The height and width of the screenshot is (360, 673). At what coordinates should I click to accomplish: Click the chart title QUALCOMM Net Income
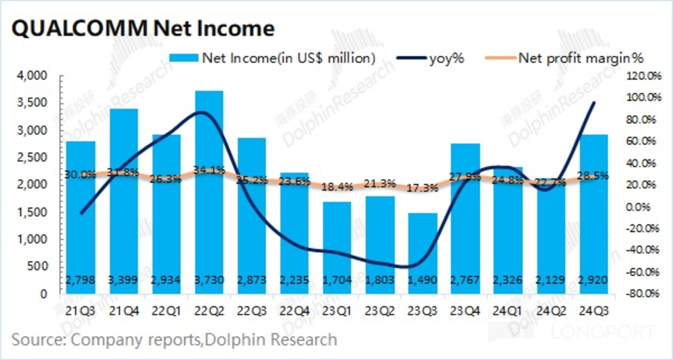pos(142,29)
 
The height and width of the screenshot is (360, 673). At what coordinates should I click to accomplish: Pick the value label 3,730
pos(209,281)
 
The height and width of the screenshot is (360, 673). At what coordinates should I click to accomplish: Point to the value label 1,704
pos(337,281)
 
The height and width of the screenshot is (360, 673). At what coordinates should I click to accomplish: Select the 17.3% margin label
pos(423,188)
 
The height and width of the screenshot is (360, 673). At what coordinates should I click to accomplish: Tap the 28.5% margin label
pos(593,176)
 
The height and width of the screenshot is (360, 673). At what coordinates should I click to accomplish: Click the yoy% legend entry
pos(447,58)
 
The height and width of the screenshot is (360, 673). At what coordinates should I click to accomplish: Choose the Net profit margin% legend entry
pos(580,58)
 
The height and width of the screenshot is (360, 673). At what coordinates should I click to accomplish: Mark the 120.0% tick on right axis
pos(643,76)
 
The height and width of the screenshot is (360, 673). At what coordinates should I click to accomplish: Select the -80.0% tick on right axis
pos(643,294)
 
